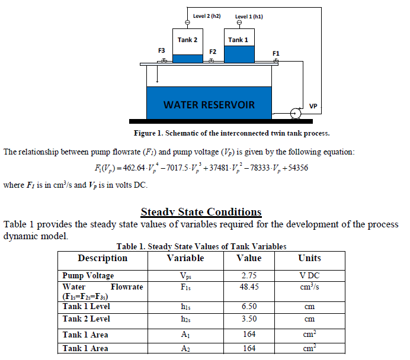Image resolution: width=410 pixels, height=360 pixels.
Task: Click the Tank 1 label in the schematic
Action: pyautogui.click(x=238, y=40)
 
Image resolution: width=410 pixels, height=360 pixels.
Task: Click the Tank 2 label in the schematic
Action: pyautogui.click(x=187, y=40)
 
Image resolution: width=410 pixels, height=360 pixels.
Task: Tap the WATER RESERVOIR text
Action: pyautogui.click(x=209, y=105)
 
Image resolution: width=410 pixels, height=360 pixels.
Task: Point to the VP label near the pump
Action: pyautogui.click(x=313, y=107)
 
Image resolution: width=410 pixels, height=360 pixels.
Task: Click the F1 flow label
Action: pyautogui.click(x=276, y=53)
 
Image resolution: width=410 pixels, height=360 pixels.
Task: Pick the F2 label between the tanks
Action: pyautogui.click(x=213, y=52)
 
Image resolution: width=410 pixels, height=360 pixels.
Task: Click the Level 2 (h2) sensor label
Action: pyautogui.click(x=207, y=16)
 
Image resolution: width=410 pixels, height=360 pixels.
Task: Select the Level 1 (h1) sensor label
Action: pyautogui.click(x=249, y=17)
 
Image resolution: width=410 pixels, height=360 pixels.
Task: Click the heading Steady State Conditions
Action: pyautogui.click(x=201, y=212)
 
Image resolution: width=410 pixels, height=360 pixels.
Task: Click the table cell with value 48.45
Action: pyautogui.click(x=249, y=287)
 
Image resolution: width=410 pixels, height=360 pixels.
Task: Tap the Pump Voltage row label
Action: pyautogui.click(x=88, y=275)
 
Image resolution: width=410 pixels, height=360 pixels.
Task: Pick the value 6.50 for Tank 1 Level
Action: pyautogui.click(x=249, y=307)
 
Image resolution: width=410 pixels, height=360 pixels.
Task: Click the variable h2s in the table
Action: pyautogui.click(x=185, y=319)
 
